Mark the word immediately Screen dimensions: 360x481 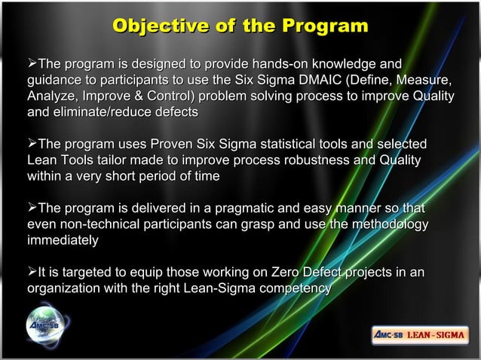[63, 241]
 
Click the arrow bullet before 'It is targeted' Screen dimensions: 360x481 [32, 273]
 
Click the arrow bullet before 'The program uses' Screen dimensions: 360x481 [32, 145]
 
